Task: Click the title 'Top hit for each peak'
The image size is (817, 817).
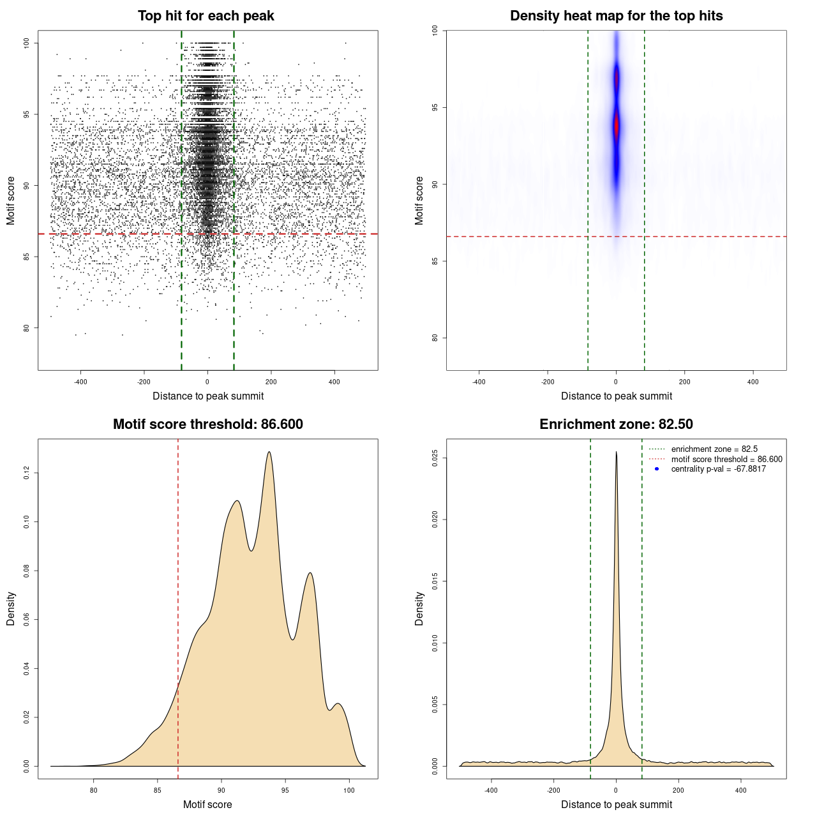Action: (206, 16)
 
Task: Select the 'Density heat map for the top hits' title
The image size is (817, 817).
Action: (616, 16)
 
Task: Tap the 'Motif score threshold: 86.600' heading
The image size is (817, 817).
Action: (207, 424)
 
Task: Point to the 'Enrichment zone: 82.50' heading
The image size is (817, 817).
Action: (616, 424)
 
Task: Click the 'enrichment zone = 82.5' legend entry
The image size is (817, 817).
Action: (714, 449)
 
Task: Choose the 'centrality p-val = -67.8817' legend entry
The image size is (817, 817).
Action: (718, 469)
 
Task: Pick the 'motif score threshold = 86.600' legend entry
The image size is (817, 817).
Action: (726, 460)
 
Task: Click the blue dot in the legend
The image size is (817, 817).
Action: (657, 469)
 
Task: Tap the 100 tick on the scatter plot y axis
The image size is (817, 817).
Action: (27, 43)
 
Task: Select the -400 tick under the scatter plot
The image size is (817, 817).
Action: (80, 382)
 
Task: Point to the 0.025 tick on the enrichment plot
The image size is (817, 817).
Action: (435, 458)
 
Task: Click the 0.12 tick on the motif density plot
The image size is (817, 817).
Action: (27, 473)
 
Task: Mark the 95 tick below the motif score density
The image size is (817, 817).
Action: (285, 790)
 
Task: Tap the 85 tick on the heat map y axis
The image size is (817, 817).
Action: (435, 261)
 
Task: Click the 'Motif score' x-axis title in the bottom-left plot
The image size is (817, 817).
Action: (207, 804)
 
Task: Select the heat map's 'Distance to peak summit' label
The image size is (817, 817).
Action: (616, 396)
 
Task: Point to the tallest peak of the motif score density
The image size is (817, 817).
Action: (269, 452)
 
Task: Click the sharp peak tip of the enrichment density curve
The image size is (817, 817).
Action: (616, 452)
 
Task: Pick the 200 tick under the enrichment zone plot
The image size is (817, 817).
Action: (678, 790)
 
